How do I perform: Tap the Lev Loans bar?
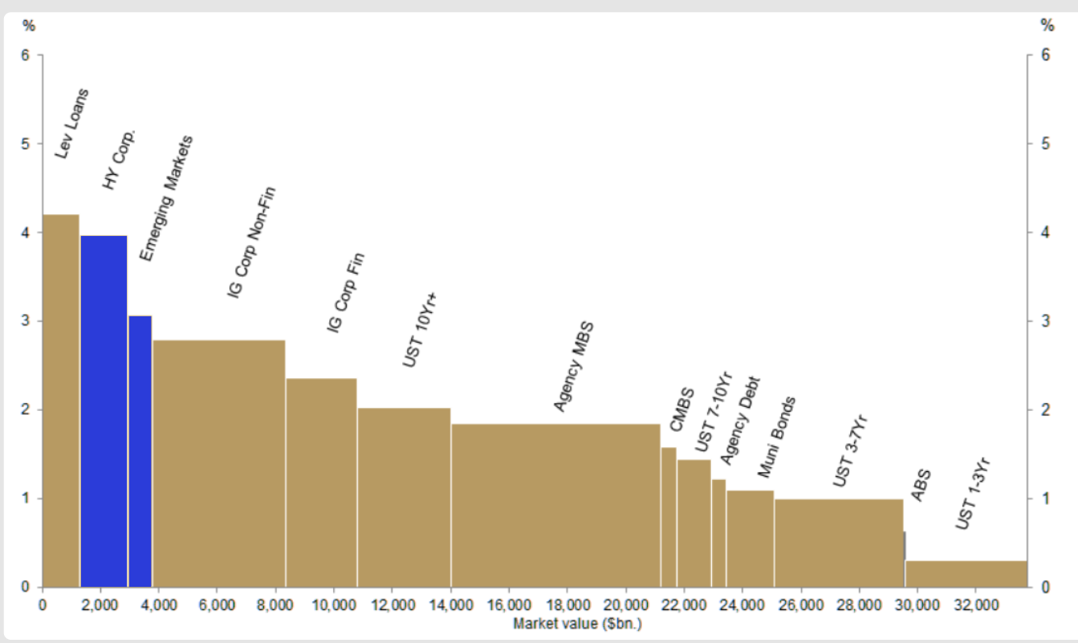pos(60,401)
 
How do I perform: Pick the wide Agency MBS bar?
pos(555,505)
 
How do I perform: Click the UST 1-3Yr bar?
pos(966,574)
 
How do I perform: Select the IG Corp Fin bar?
pos(321,482)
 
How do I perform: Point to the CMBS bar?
pos(668,517)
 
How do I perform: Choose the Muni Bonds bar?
pos(750,539)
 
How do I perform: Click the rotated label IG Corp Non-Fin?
pos(251,242)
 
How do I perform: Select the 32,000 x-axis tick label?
pos(975,604)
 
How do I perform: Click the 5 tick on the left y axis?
pos(26,144)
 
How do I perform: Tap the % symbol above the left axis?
pos(29,26)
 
